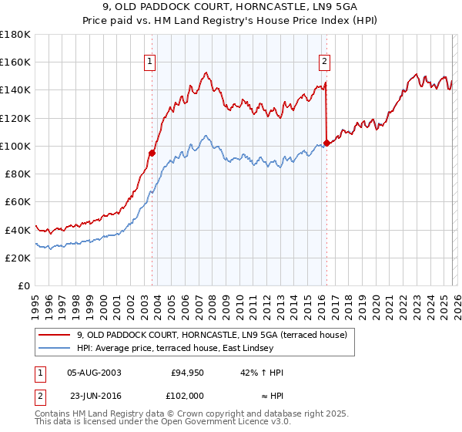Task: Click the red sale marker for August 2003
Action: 152,153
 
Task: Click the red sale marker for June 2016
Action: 327,143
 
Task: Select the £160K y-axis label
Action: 15,62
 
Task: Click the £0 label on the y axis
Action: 24,285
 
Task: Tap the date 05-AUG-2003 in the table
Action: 94,373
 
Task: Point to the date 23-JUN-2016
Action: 94,395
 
